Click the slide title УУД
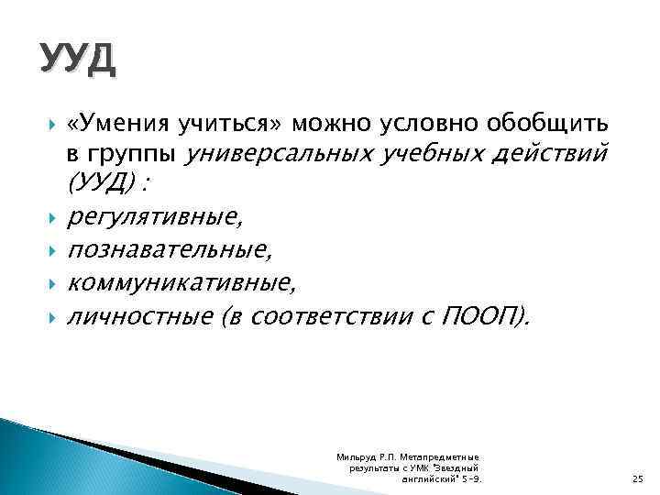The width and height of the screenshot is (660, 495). click(x=77, y=60)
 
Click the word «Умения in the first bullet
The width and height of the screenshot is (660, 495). click(x=112, y=123)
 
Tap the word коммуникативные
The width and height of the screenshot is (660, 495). click(x=181, y=283)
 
